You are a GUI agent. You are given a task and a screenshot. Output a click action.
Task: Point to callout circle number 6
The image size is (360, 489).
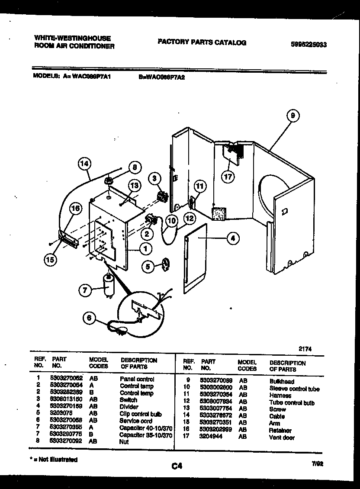(x=90, y=318)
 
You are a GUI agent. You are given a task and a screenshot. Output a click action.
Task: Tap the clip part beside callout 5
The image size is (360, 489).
(x=166, y=265)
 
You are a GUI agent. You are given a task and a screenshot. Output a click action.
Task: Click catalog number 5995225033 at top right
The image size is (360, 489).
(x=309, y=44)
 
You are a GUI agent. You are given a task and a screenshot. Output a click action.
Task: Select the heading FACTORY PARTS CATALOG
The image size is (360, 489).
(x=202, y=42)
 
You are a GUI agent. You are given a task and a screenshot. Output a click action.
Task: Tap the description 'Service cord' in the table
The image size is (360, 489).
(x=136, y=421)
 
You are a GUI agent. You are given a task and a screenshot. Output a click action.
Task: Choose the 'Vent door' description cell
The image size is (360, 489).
(x=282, y=438)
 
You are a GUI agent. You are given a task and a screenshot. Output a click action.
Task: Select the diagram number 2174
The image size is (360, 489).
(x=305, y=348)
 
